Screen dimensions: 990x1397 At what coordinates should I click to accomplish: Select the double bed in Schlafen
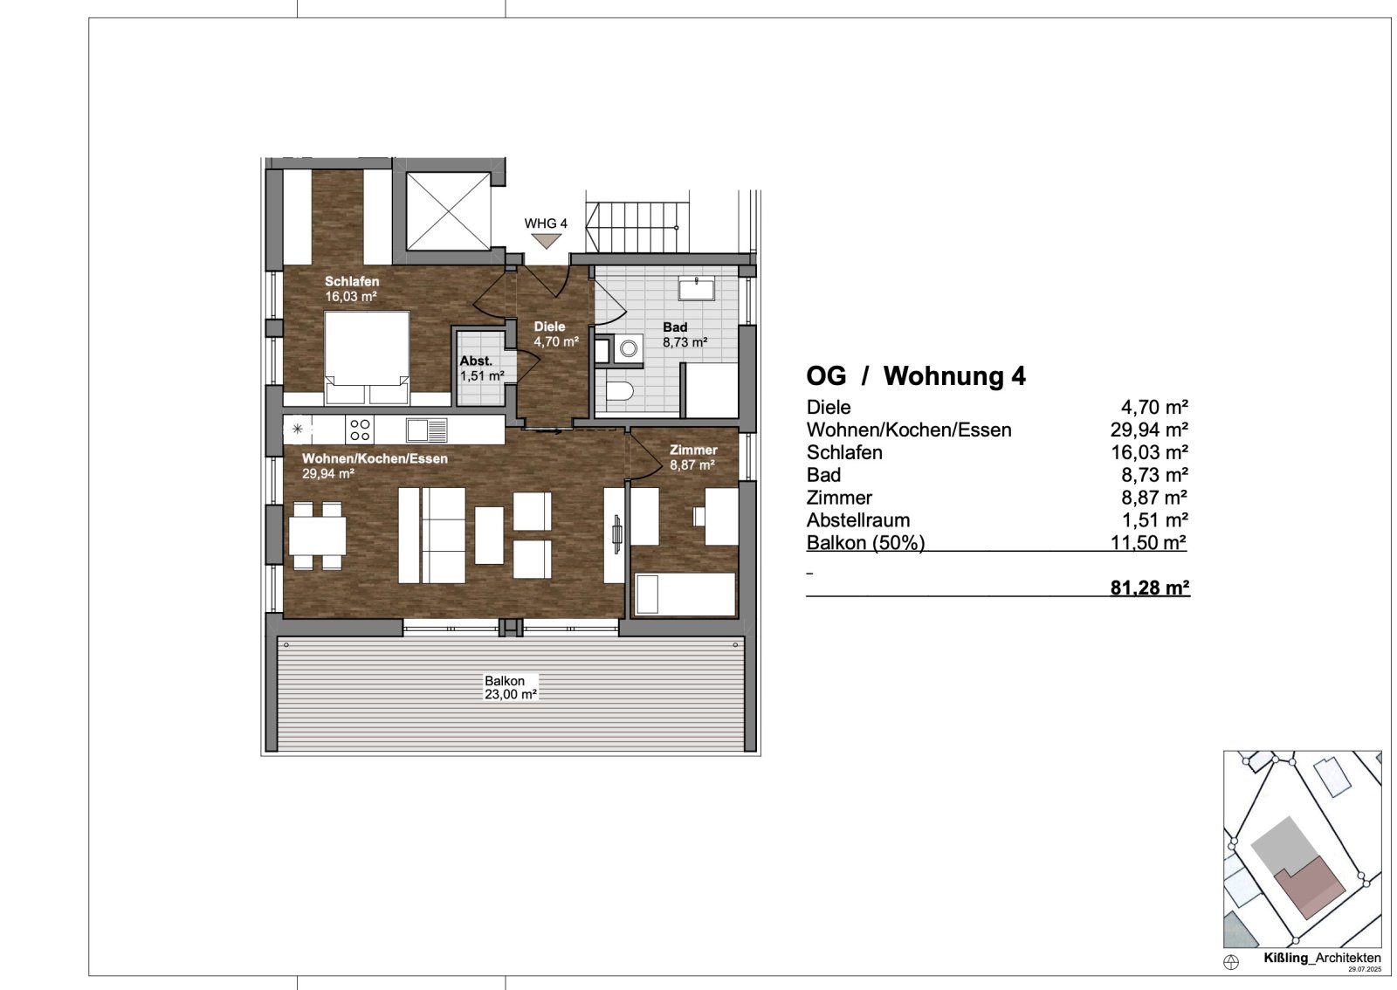367,358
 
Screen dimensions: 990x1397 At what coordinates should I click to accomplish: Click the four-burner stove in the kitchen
361,429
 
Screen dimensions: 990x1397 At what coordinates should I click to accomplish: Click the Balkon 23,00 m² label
510,688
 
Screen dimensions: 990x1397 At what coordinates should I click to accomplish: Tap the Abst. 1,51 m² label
481,368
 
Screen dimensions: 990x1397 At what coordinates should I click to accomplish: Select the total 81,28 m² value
1149,588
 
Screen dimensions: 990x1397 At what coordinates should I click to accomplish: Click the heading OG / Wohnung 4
915,376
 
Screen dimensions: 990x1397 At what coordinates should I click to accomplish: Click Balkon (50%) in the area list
864,542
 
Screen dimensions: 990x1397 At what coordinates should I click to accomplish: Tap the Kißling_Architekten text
1322,958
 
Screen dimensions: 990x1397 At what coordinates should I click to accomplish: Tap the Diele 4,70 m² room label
555,334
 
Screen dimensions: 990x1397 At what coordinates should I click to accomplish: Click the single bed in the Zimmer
684,594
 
